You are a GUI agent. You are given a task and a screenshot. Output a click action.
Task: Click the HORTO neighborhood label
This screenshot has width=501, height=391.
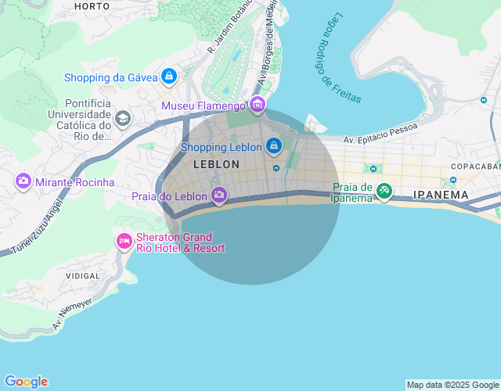92,5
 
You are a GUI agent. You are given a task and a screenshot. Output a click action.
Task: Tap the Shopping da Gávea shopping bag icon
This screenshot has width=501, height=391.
168,77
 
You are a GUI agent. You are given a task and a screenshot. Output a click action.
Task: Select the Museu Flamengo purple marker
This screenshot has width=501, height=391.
258,105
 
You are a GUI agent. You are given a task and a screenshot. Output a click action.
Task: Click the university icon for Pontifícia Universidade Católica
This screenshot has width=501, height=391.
122,118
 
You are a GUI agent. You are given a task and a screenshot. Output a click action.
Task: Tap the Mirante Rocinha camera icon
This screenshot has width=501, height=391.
23,181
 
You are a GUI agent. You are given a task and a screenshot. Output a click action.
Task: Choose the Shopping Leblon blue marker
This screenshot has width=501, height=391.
273,146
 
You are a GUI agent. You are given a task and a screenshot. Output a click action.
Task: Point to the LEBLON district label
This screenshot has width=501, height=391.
216,164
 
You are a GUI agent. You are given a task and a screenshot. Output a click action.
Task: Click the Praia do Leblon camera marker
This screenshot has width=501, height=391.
220,195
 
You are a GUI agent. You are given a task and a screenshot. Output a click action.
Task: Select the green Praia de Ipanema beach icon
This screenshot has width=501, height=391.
384,191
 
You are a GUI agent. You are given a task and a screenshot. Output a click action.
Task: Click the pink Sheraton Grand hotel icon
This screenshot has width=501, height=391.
124,242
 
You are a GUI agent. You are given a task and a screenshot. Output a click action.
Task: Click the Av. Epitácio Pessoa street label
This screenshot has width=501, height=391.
380,134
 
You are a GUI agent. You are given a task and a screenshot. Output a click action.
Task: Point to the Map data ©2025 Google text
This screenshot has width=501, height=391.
452,385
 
